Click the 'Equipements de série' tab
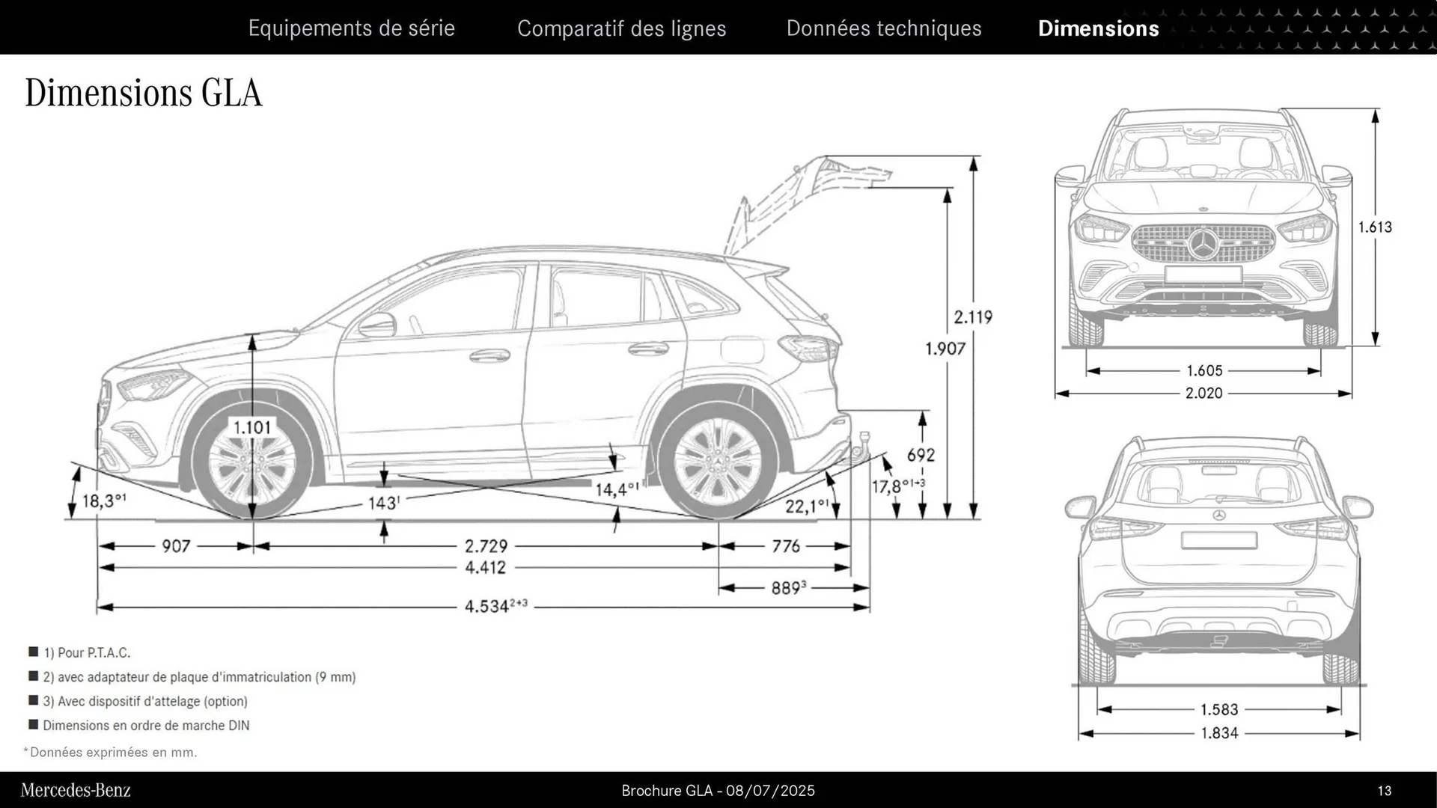click(351, 28)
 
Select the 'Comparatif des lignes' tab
click(621, 28)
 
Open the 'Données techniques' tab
click(883, 28)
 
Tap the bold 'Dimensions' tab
click(1098, 28)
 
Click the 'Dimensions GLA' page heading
click(144, 94)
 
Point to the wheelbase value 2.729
click(486, 546)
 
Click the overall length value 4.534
click(487, 606)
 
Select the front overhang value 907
click(176, 546)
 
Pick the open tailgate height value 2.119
click(972, 317)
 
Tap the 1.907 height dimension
click(945, 349)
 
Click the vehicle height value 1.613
click(1375, 227)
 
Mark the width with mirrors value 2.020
click(1203, 393)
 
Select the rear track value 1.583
click(1219, 709)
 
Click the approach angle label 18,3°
click(103, 501)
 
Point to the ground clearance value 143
click(382, 503)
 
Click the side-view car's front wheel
click(251, 464)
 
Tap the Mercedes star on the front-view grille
click(1203, 244)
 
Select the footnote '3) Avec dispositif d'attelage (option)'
click(144, 701)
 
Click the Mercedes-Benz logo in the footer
click(76, 790)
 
